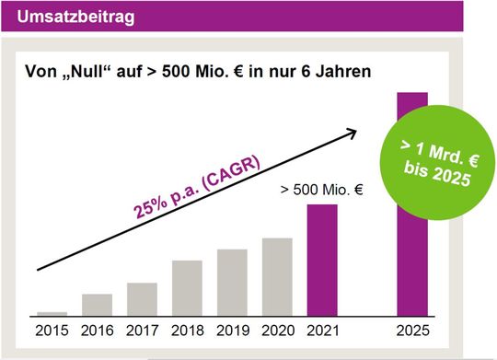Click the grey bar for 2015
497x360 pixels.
(52, 313)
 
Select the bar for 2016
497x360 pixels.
(97, 305)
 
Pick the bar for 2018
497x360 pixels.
(187, 288)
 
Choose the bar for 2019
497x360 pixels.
(232, 283)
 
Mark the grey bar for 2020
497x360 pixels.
(277, 277)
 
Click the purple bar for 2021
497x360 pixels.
(322, 260)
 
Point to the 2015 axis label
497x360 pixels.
(52, 328)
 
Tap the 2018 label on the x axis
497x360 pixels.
(187, 328)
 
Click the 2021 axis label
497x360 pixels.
(322, 328)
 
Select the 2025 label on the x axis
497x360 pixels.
(411, 328)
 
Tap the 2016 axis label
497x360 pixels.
(97, 328)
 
